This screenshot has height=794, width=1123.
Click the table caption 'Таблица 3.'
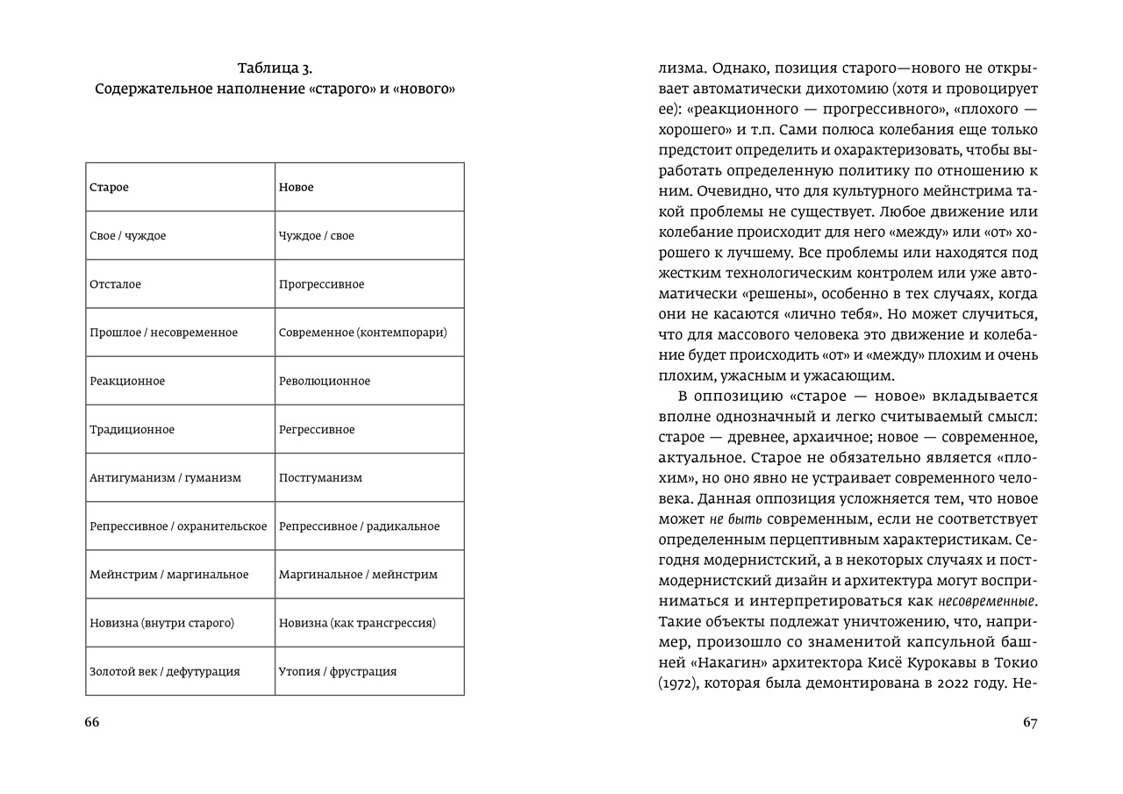pyautogui.click(x=275, y=68)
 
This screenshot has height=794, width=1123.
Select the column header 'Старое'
pyautogui.click(x=109, y=188)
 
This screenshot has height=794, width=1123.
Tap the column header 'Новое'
pyautogui.click(x=296, y=188)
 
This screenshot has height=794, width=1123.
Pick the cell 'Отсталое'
pyautogui.click(x=115, y=284)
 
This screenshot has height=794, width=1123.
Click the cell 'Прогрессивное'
pyautogui.click(x=321, y=284)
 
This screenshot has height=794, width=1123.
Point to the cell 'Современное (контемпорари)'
pyautogui.click(x=362, y=333)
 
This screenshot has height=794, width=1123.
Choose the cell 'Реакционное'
pyautogui.click(x=127, y=381)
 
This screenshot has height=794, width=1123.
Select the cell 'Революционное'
pyautogui.click(x=325, y=381)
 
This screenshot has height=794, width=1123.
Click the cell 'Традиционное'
pyautogui.click(x=132, y=430)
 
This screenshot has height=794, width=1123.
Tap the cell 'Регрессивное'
pyautogui.click(x=317, y=430)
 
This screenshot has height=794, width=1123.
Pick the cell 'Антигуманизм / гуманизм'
pyautogui.click(x=165, y=478)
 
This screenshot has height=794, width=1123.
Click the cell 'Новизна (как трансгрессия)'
pyautogui.click(x=357, y=623)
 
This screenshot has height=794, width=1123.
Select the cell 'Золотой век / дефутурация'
pyautogui.click(x=164, y=671)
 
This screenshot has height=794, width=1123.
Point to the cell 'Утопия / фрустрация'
pyautogui.click(x=338, y=671)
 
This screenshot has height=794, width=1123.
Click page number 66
pyautogui.click(x=92, y=722)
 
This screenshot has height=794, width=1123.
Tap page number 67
pyautogui.click(x=1030, y=722)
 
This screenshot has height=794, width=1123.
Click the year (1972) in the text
pyautogui.click(x=681, y=683)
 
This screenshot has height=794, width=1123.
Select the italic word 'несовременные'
pyautogui.click(x=986, y=602)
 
